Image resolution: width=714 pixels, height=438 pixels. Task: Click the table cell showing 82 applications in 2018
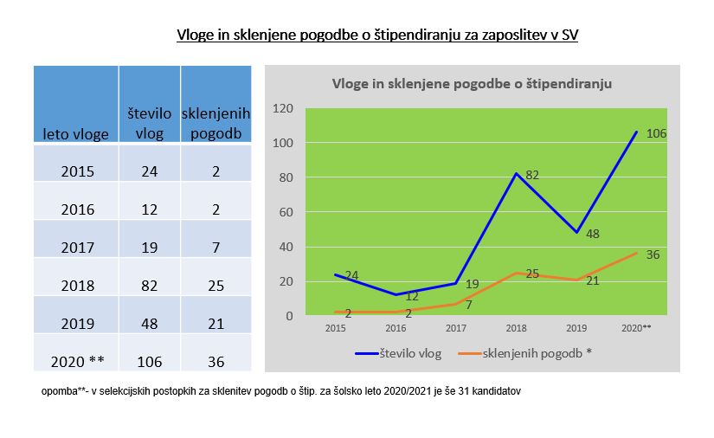pyautogui.click(x=150, y=285)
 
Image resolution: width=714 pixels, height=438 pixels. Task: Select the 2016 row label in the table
pyautogui.click(x=78, y=209)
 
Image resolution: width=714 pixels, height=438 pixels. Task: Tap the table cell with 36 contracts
pyautogui.click(x=215, y=361)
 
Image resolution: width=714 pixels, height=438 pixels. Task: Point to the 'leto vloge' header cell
pyautogui.click(x=76, y=133)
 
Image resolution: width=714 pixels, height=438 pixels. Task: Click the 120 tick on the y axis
pyautogui.click(x=283, y=109)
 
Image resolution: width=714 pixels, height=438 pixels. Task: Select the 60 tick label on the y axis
pyautogui.click(x=286, y=212)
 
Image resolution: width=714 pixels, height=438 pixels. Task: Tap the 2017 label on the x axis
pyautogui.click(x=456, y=329)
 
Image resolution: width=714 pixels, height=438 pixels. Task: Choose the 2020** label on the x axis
pyautogui.click(x=636, y=329)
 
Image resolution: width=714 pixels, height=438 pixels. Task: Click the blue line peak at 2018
pyautogui.click(x=517, y=174)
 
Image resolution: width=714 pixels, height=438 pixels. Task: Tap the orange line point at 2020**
pyautogui.click(x=636, y=253)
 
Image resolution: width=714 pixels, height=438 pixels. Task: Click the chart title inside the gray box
pyautogui.click(x=473, y=84)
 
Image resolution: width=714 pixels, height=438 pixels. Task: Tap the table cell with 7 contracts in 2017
pyautogui.click(x=215, y=247)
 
